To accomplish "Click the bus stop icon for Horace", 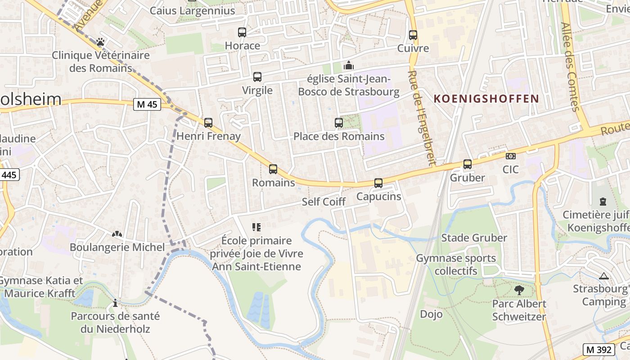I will pos(242,32).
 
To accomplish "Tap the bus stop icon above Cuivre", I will pos(413,35).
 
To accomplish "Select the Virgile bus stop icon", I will pos(257,77).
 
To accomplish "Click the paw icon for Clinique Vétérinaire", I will pos(100,42).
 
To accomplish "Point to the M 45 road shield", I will pos(147,104).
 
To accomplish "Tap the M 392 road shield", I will pos(599,349).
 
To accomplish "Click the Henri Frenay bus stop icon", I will pos(208,122).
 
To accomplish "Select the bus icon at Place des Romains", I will pos(339,122).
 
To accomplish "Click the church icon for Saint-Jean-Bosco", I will pos(348,65).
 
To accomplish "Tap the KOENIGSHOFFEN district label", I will pos(486,99).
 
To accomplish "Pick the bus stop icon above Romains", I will pos(273,169).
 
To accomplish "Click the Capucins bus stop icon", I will pos(378,183).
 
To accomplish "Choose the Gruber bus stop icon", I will pos(468,164).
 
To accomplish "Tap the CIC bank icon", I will pos(511,156).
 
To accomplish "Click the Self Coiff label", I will pos(324,202).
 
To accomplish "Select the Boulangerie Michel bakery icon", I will pos(117,234).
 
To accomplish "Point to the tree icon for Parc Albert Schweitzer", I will pos(519,290).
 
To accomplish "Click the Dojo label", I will pos(431,314).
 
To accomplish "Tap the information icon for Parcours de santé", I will pos(115,303).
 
